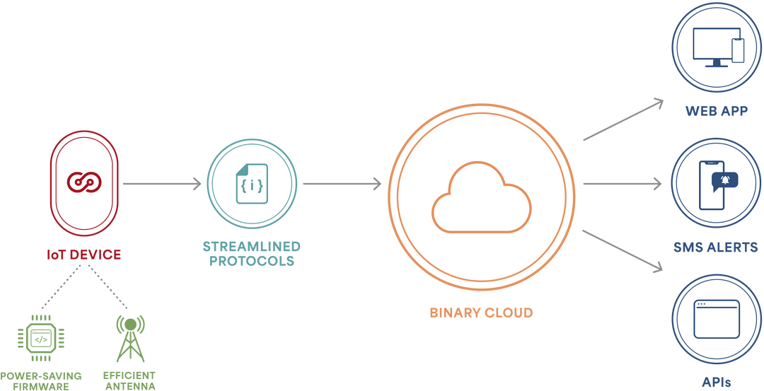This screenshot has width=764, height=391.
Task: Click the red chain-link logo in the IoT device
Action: click(x=84, y=181)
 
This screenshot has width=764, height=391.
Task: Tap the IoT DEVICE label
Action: click(x=84, y=255)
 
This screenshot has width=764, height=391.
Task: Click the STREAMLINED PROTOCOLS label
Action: click(x=251, y=254)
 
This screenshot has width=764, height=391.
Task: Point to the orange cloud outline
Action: click(x=481, y=197)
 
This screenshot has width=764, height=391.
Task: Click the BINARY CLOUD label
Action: click(x=481, y=312)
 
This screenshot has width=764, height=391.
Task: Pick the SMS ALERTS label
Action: click(x=716, y=247)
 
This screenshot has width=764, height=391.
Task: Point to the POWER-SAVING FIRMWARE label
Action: click(x=40, y=380)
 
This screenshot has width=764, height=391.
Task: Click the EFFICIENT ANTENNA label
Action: click(x=129, y=380)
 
